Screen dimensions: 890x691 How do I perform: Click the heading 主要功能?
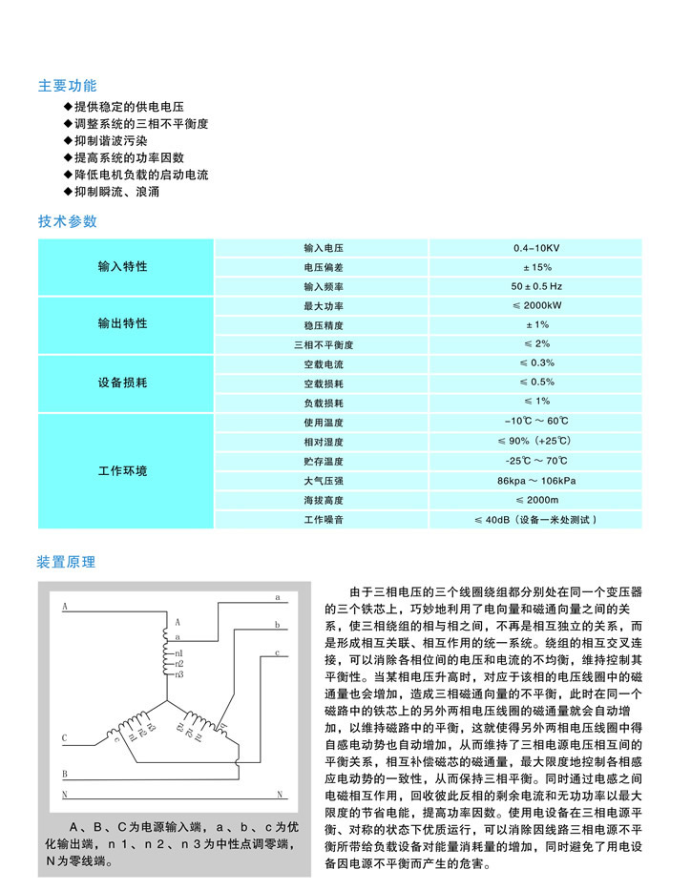click(68, 86)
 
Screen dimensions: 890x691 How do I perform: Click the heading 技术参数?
click(68, 222)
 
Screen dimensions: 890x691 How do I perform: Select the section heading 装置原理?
click(67, 562)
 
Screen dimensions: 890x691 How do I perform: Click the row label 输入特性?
click(123, 266)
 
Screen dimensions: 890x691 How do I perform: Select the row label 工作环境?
click(123, 471)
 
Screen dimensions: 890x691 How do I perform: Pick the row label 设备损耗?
click(123, 383)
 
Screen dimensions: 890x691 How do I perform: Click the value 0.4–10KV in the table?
click(536, 248)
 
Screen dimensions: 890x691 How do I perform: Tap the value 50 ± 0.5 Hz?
click(536, 286)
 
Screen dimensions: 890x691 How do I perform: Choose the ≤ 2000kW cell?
click(536, 306)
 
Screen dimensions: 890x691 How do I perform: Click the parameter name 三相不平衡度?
click(323, 344)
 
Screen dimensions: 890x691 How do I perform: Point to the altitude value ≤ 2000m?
click(536, 500)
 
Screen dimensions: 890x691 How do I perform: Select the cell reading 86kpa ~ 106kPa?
click(536, 480)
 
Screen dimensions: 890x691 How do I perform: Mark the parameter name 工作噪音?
click(323, 520)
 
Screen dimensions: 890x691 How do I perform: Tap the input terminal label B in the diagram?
click(65, 775)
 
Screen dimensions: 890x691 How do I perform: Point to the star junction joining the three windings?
click(170, 702)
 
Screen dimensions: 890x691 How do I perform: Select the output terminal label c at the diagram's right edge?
click(276, 652)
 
